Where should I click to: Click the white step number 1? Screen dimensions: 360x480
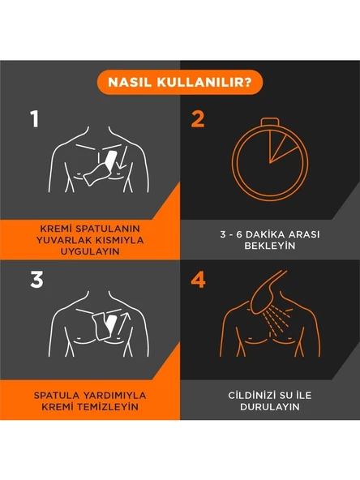(35, 118)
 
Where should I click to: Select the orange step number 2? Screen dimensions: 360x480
(198, 119)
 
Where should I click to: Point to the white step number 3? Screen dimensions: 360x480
(36, 280)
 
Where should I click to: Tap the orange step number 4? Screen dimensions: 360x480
(198, 280)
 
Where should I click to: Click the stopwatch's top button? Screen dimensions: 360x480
(270, 122)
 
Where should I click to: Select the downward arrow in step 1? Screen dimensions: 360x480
(123, 157)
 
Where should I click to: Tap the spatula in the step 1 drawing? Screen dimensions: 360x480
(100, 169)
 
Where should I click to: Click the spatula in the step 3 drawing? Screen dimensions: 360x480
(104, 325)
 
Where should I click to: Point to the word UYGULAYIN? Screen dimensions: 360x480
(90, 251)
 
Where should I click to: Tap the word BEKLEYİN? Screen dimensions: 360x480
(270, 246)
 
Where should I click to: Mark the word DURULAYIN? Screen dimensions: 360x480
(270, 407)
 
